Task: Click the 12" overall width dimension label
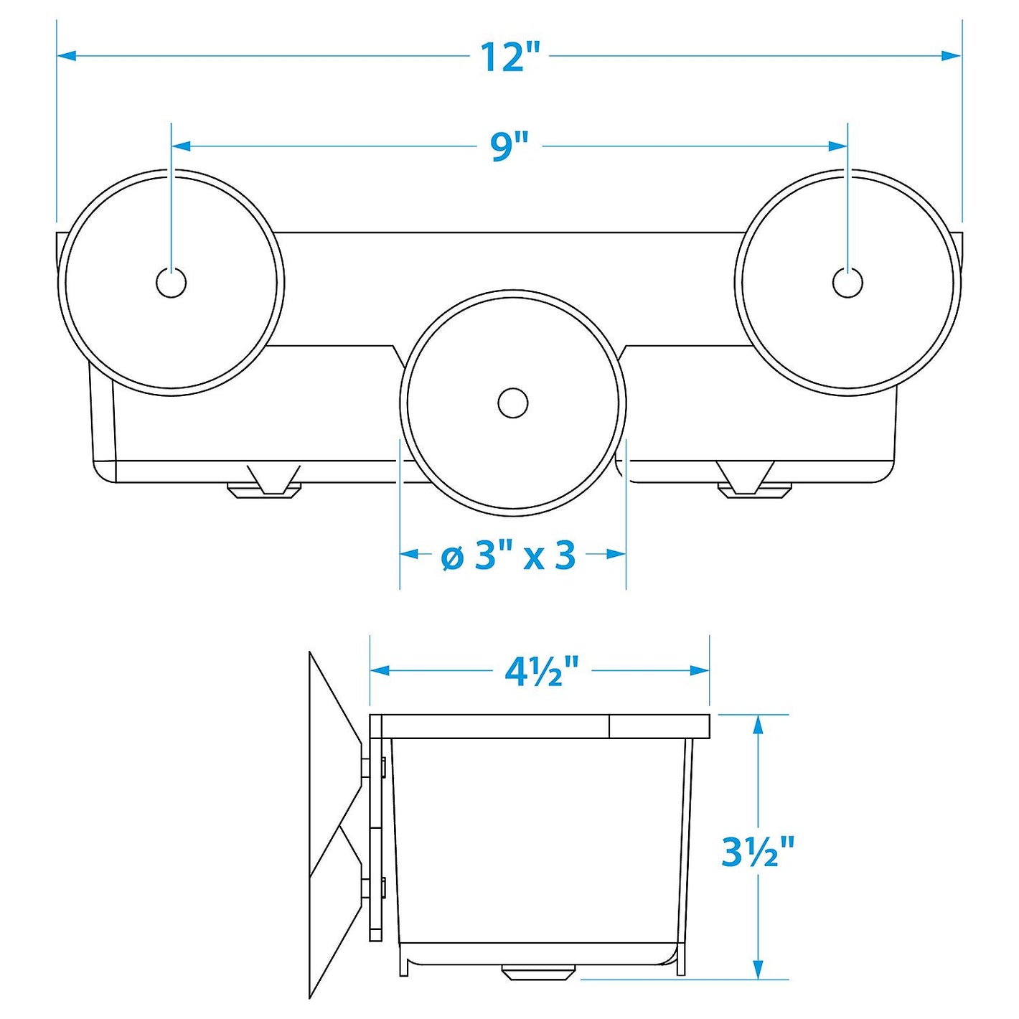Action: click(510, 57)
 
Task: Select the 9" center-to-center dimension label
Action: click(510, 146)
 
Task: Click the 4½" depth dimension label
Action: click(541, 672)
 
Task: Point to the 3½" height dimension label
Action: click(758, 852)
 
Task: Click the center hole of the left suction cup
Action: click(171, 283)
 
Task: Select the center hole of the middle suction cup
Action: click(512, 403)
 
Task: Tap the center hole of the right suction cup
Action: click(847, 283)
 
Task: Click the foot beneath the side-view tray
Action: click(538, 973)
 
